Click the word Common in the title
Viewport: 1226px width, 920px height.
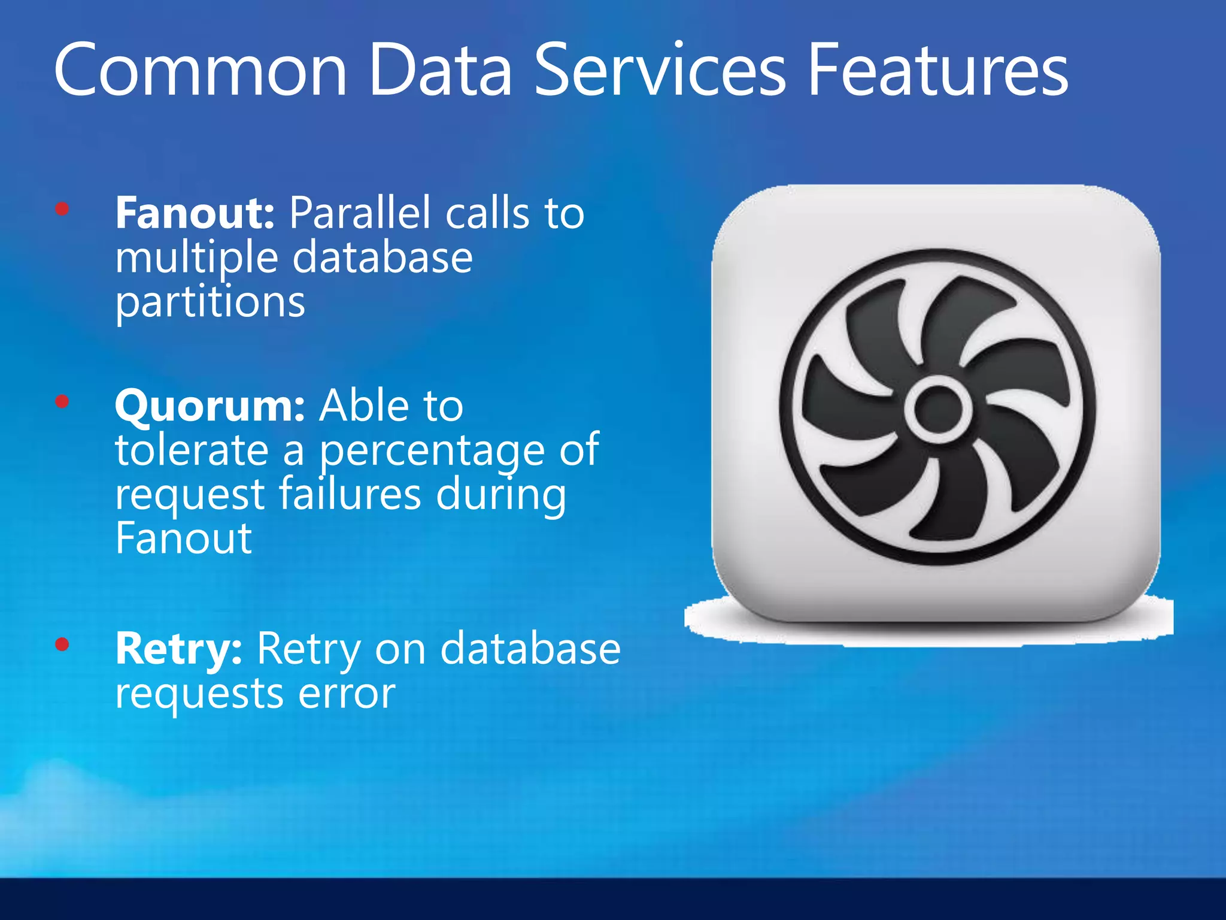201,71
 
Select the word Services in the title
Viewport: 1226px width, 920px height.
659,71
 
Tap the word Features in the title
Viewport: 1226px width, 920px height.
937,71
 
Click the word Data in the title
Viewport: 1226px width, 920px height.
441,71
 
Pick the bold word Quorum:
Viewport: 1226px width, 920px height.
210,406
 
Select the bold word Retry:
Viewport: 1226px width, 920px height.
179,649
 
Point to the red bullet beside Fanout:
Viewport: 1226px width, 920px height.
62,209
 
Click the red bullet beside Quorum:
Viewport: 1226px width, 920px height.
62,401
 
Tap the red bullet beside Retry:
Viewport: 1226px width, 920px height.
62,644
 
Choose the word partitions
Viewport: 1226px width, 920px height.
210,302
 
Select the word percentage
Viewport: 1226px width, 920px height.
432,450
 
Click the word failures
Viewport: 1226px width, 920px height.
350,494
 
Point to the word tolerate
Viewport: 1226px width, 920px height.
192,450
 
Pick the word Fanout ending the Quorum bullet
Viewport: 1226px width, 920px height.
184,538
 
